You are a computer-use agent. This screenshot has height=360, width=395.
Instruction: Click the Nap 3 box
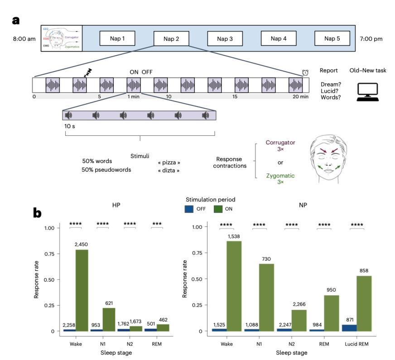pyautogui.click(x=225, y=38)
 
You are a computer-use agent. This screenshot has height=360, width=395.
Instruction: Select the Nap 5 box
pyautogui.click(x=332, y=38)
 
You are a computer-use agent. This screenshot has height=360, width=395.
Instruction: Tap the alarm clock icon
pyautogui.click(x=305, y=72)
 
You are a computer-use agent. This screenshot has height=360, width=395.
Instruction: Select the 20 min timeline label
pyautogui.click(x=301, y=97)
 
